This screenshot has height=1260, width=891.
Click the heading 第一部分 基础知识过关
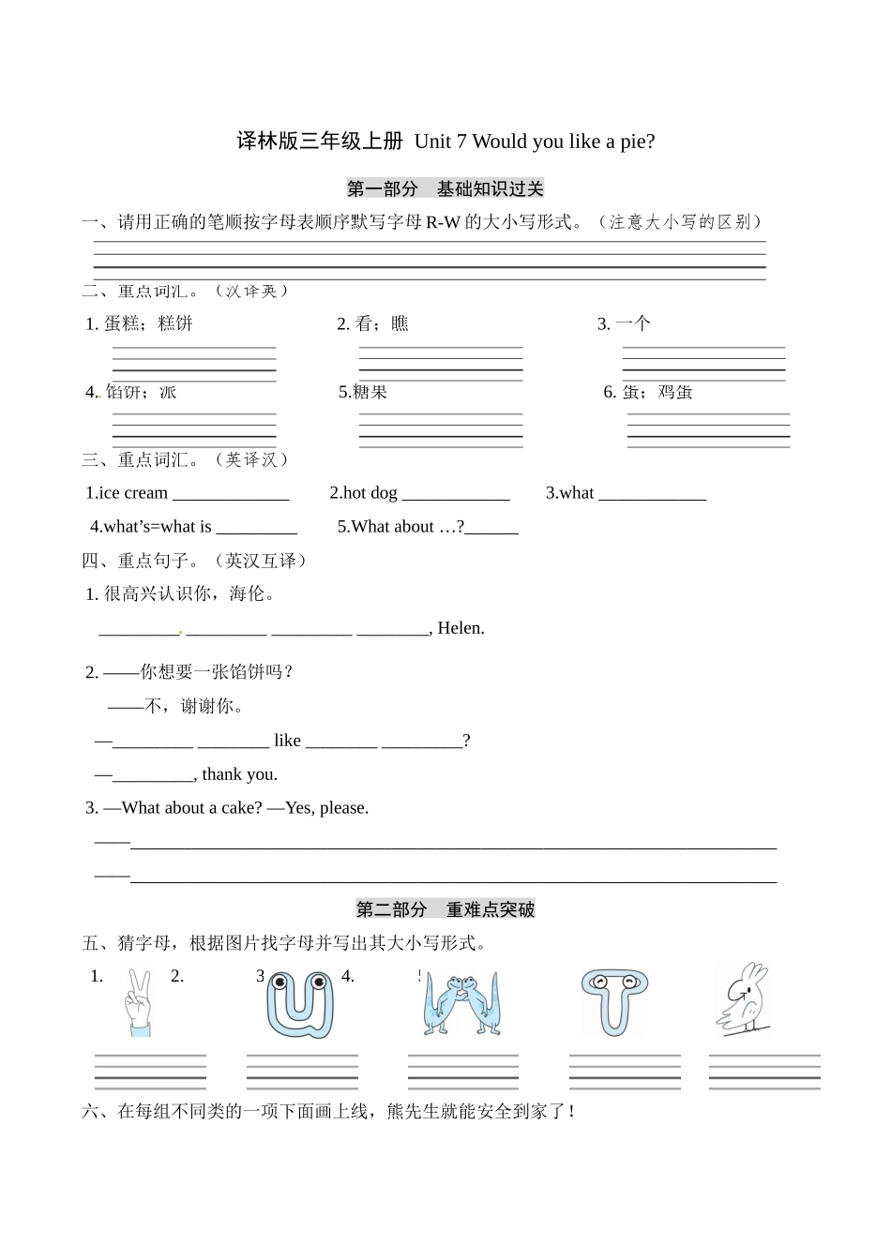[445, 188]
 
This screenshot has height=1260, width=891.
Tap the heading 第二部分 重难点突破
[445, 909]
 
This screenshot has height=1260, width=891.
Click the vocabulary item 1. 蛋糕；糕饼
[139, 323]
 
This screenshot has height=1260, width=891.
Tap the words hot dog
[370, 493]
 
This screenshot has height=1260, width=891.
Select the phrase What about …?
[400, 527]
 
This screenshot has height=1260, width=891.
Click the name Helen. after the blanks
[461, 628]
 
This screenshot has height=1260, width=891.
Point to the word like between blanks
[287, 741]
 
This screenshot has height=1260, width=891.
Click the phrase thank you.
[239, 774]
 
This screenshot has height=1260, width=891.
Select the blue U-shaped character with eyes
[299, 1004]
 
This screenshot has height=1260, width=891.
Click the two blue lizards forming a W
[462, 1004]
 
